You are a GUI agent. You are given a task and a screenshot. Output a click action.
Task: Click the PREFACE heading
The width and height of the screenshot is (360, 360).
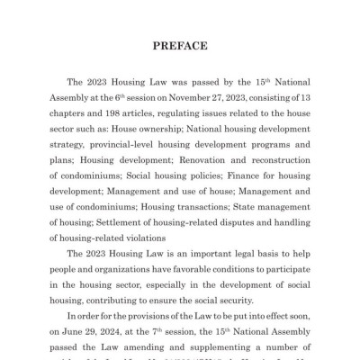180,46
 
